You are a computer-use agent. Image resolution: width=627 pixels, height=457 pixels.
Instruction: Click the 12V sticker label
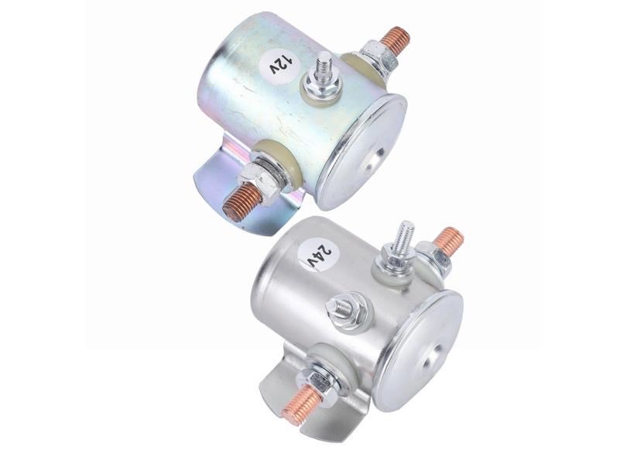[x=279, y=64]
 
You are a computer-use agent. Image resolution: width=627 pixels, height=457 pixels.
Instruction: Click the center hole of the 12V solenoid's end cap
[x=379, y=153]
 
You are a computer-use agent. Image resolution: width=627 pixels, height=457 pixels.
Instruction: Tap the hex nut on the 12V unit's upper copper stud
[x=376, y=57]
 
